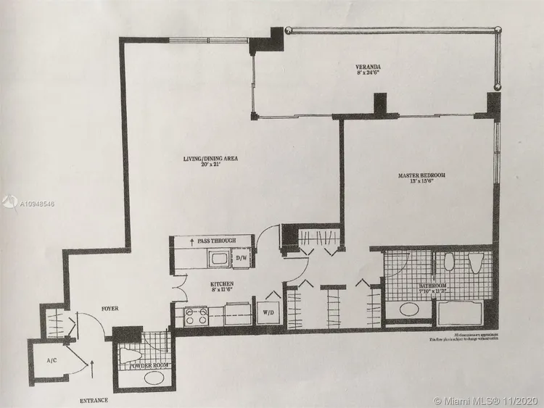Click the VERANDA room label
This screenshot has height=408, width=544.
[x=368, y=67]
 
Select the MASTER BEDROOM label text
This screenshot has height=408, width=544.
[x=421, y=175]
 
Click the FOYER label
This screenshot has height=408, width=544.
[x=108, y=309]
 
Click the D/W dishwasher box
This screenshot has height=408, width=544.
[x=242, y=257]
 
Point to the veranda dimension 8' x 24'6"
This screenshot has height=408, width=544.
[x=368, y=73]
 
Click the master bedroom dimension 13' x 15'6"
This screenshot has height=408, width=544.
[x=421, y=183]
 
